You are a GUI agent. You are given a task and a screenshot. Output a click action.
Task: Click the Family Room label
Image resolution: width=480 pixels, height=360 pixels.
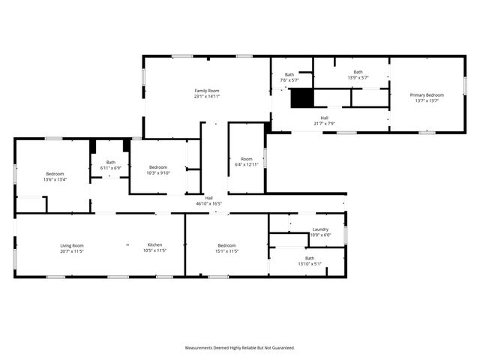point(207,91)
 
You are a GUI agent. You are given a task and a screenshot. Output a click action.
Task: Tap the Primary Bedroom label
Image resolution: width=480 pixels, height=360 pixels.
point(427,94)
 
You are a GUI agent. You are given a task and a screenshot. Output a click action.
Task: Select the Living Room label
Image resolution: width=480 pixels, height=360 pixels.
point(72,245)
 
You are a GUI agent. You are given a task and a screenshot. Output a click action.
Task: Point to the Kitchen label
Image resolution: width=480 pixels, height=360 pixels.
point(154,245)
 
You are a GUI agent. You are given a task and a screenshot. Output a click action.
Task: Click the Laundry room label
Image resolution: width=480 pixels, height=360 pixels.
point(320,229)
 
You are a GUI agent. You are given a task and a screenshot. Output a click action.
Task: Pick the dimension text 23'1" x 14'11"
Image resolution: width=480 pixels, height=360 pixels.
point(207,96)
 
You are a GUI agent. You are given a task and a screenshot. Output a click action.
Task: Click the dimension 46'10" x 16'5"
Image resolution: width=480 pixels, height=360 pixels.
point(209,203)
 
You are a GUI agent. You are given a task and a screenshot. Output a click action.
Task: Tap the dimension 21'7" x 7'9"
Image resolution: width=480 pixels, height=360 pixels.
point(324,123)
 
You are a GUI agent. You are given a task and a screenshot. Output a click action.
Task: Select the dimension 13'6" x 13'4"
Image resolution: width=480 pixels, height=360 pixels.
point(55,179)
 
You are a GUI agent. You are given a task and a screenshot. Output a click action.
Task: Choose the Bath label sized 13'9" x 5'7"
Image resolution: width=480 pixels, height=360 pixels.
point(358,72)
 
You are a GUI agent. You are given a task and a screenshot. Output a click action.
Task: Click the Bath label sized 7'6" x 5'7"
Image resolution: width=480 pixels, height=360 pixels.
point(289,75)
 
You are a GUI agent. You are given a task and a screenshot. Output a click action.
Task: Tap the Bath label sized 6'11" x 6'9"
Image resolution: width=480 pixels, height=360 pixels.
point(111,162)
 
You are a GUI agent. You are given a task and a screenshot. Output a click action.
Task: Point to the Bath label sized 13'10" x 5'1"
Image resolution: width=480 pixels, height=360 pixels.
point(310,258)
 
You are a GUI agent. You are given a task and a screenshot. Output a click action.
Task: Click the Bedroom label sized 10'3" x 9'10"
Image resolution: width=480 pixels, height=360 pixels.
point(158,167)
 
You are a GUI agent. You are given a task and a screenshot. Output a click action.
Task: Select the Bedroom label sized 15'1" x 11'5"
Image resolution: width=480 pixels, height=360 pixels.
point(227,245)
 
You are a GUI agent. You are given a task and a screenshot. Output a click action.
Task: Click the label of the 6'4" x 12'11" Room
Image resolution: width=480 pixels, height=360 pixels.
point(247,159)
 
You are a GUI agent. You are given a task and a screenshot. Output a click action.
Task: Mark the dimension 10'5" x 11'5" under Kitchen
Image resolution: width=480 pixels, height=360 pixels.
point(154,250)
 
